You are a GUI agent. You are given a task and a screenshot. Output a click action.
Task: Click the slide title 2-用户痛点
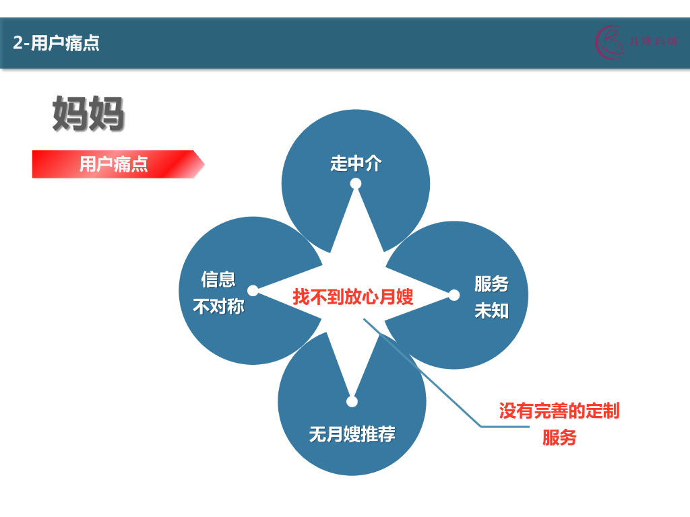[57, 44]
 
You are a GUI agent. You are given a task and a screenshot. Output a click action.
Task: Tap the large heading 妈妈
[88, 114]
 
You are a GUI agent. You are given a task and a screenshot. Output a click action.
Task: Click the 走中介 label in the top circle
[356, 164]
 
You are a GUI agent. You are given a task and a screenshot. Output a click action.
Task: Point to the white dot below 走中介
[356, 184]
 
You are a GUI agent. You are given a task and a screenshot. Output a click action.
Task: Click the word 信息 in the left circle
[218, 279]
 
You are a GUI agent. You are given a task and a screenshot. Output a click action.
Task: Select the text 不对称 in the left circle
[218, 307]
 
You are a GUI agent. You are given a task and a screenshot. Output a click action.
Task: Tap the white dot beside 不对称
[253, 291]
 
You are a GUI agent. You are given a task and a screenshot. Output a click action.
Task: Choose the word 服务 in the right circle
[491, 284]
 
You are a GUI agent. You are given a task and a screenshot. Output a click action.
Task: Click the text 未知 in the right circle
[491, 312]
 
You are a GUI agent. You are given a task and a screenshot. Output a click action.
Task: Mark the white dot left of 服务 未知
[454, 295]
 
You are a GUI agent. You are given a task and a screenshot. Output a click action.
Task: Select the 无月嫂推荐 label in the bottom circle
[352, 434]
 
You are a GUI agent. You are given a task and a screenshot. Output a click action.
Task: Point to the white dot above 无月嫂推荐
[352, 402]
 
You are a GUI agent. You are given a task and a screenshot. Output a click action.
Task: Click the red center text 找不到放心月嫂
[352, 296]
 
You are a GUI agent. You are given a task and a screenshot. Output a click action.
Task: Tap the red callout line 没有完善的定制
[559, 411]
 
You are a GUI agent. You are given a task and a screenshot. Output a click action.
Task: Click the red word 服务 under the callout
[559, 438]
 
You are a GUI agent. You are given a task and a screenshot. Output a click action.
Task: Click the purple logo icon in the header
[609, 42]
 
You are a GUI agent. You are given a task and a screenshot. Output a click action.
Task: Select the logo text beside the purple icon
[653, 42]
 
